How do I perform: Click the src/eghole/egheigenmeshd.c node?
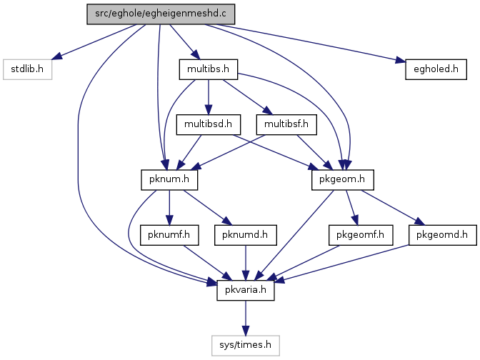click(x=161, y=14)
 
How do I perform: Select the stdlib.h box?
click(x=28, y=69)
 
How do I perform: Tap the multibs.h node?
click(x=209, y=69)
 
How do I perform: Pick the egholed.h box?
click(x=436, y=69)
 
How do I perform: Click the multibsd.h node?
click(x=209, y=124)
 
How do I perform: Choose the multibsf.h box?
click(x=286, y=124)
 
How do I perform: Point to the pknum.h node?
click(x=169, y=180)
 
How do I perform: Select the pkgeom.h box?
click(x=343, y=180)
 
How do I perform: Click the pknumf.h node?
click(x=169, y=235)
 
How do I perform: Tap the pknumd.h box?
click(x=246, y=235)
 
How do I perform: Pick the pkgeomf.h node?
click(x=361, y=235)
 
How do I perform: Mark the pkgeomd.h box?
click(x=442, y=235)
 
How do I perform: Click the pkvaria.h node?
click(x=246, y=290)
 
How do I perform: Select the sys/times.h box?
click(x=246, y=345)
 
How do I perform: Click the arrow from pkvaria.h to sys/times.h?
click(x=246, y=318)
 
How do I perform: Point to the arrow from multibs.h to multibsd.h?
click(x=209, y=97)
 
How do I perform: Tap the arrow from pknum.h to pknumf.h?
click(x=169, y=207)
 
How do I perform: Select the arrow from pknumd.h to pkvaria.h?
click(x=246, y=263)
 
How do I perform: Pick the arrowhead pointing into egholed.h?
click(x=401, y=60)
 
